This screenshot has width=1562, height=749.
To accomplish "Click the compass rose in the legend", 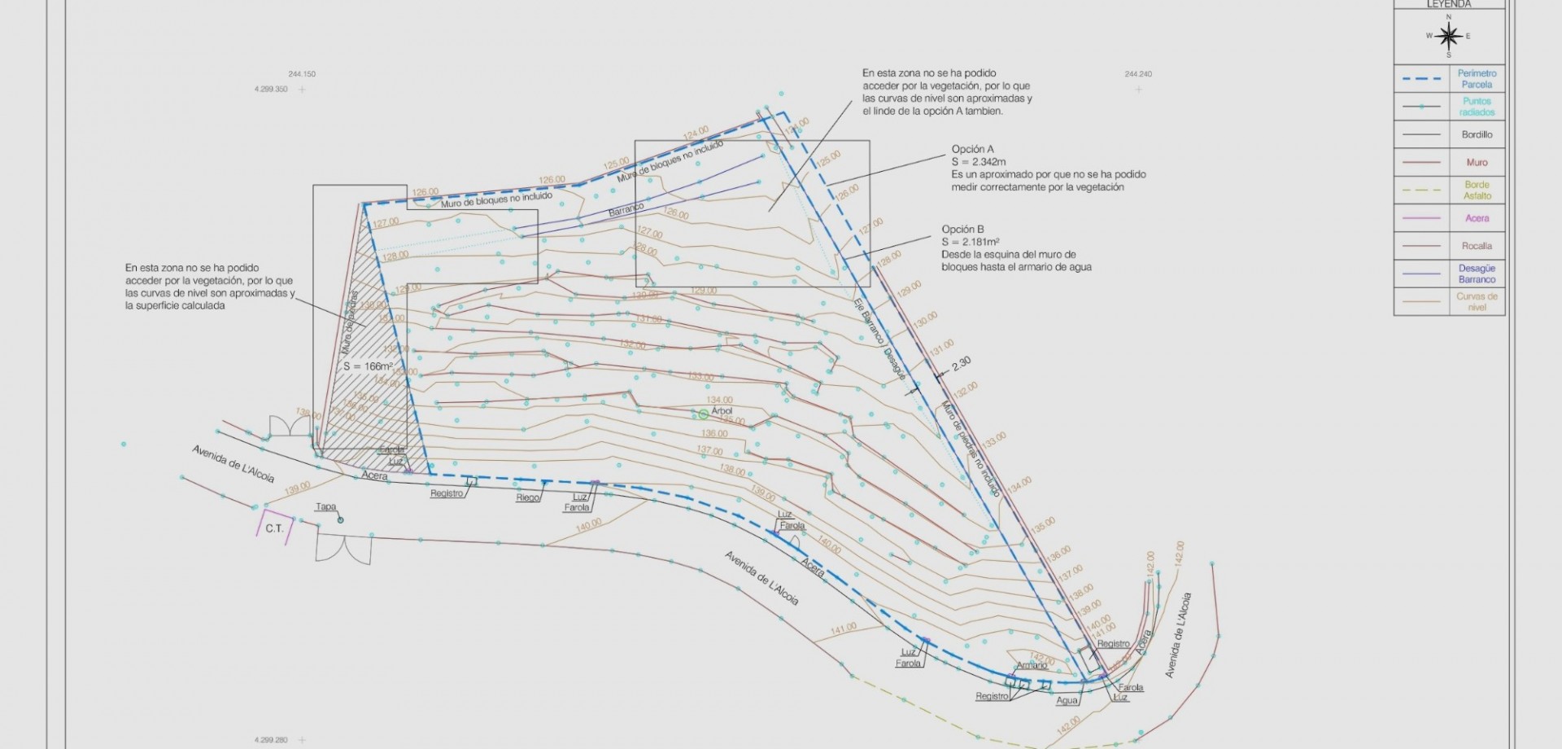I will pos(1448,36).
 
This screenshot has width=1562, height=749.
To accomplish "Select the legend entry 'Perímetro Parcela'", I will pos(1477,79).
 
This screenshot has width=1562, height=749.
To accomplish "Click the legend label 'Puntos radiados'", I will pos(1477,107).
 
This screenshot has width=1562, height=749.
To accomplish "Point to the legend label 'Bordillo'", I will pos(1477,134).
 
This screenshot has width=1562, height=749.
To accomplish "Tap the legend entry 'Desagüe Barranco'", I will pos(1477,274).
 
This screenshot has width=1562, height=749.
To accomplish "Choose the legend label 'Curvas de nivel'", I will pos(1477,302).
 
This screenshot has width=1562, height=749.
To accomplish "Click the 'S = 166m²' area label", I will pos(368,366).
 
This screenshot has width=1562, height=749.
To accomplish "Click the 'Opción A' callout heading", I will pos(973,150).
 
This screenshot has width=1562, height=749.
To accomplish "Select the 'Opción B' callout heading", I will pos(963,230).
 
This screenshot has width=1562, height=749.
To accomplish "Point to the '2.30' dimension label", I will pos(961,363).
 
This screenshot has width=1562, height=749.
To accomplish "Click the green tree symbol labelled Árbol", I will pos(704,414).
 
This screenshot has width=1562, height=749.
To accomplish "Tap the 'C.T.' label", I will pos(274,528).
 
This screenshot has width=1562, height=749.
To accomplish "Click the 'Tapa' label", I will pos(325,506).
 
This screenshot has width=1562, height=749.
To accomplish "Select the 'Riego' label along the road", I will pos(527,497).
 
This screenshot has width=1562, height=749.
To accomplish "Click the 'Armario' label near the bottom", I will pos(1032,665).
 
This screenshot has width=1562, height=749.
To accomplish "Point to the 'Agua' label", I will pos(1067,700).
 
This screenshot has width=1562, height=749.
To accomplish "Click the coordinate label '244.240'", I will pos(1138,74).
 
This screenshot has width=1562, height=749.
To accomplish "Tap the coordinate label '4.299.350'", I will pos(271,90).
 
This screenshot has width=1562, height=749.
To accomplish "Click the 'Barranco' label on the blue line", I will pos(626,210).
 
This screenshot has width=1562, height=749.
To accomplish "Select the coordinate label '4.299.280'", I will pos(271,740).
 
